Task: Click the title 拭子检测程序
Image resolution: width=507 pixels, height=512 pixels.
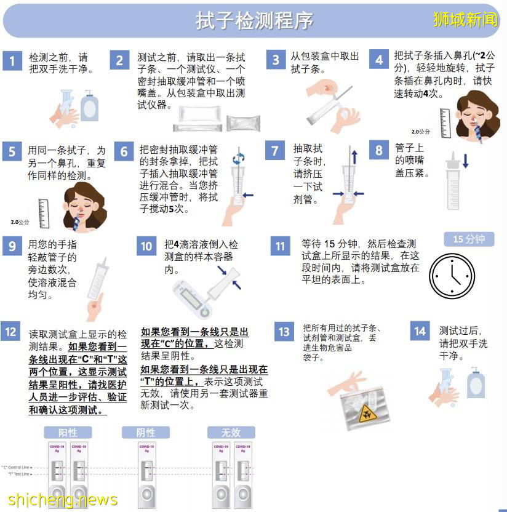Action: [254, 20]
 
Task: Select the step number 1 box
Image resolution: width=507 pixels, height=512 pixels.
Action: [12, 60]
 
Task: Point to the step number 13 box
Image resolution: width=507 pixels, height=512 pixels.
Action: [284, 332]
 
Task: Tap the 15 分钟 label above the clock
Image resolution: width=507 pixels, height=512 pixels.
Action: [469, 239]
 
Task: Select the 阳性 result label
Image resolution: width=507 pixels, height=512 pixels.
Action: [67, 432]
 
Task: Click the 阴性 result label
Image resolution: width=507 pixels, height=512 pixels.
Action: [146, 432]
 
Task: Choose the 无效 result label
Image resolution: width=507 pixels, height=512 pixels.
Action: [231, 432]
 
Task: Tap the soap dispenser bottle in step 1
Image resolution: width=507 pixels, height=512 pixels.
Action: [90, 106]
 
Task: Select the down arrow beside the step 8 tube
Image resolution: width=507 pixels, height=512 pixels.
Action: [465, 161]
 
